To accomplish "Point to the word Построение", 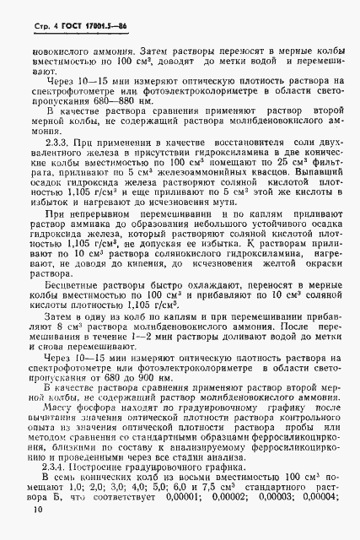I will (x=108, y=462).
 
